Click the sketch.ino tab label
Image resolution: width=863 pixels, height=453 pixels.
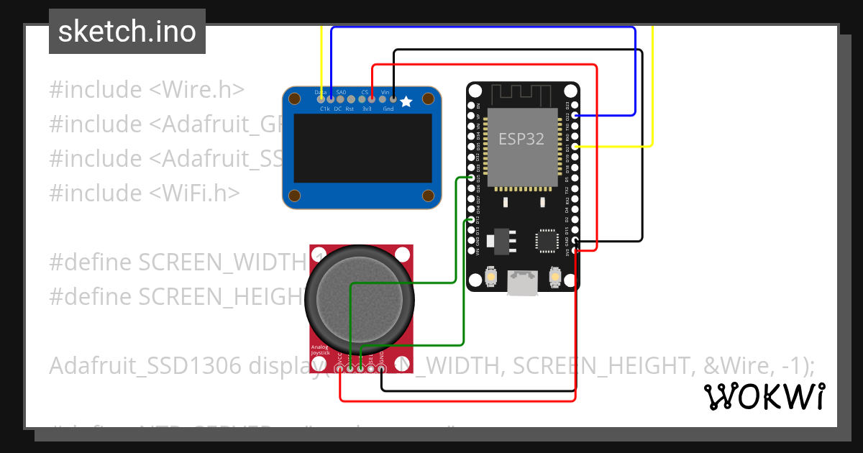point(127,32)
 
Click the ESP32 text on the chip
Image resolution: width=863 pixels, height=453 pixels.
point(522,139)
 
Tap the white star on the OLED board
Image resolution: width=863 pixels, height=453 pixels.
point(406,102)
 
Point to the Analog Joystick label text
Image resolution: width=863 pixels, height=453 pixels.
point(321,350)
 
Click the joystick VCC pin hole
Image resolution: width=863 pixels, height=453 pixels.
point(339,369)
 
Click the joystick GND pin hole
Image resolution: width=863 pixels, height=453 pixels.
point(382,369)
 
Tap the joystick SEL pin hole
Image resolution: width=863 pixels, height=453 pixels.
point(371,369)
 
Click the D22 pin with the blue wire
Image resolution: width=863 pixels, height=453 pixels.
point(576,115)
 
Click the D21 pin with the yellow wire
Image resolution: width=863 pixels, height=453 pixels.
point(576,146)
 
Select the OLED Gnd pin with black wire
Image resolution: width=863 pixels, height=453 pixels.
point(393,99)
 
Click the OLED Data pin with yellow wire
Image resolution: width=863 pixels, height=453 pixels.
point(321,99)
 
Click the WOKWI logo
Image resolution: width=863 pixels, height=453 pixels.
point(764,396)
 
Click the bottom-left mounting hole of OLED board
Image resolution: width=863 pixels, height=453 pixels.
point(295,195)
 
